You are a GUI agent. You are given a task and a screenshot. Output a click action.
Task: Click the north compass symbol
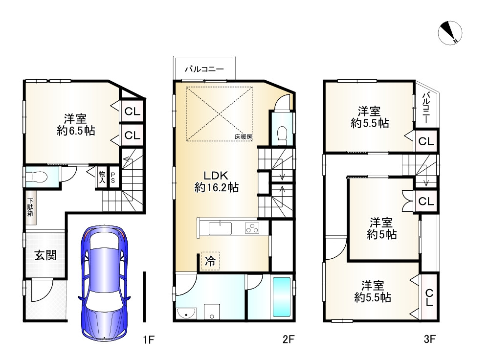click(450, 33)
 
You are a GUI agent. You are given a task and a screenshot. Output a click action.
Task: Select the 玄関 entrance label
click(45, 255)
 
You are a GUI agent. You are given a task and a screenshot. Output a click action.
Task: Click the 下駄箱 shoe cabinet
click(30, 208)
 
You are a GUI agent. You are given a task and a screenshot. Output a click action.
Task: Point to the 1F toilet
click(37, 177)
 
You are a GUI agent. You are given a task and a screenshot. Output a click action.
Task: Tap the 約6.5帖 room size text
click(76, 131)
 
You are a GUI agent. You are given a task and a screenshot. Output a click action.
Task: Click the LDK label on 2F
click(217, 175)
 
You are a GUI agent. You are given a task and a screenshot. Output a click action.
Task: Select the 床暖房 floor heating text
click(244, 136)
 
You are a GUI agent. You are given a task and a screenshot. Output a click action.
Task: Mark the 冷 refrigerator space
click(210, 261)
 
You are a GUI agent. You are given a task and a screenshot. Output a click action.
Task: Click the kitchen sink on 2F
click(220, 228)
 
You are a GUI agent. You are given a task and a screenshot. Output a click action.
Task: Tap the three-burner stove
click(252, 228)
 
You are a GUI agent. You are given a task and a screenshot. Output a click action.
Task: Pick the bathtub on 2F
click(282, 297)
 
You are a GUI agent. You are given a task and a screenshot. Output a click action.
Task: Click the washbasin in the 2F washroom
click(186, 313)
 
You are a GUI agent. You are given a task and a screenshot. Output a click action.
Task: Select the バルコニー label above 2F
click(204, 69)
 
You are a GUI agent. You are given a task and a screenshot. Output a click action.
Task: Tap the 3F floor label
click(429, 339)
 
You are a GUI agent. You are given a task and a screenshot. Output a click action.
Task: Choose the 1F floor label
click(149, 339)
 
